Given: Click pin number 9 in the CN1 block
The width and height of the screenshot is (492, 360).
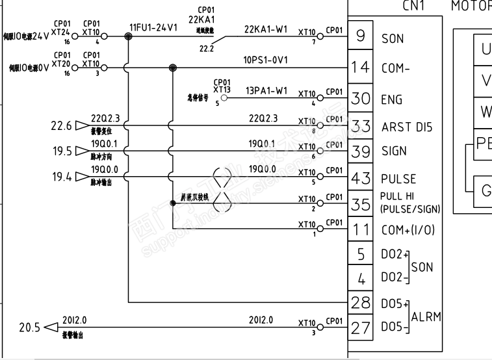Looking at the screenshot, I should point(360,36).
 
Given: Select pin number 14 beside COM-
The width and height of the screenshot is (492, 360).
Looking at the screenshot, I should point(360,67).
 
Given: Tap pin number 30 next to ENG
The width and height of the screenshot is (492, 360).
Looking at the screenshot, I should point(360,99).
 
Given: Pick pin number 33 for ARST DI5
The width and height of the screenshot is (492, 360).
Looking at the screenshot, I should point(360,126).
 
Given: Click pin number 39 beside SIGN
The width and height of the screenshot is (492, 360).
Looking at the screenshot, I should point(360,151).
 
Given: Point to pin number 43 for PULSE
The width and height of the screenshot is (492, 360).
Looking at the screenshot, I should point(360,177).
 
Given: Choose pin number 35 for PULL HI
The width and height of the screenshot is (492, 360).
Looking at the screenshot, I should point(360,203).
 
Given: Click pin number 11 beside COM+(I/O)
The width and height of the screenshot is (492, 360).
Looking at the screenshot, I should point(360,229).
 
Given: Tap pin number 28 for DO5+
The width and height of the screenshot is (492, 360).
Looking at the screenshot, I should point(360,302).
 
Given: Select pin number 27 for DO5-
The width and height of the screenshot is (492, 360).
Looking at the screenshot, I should point(360,328).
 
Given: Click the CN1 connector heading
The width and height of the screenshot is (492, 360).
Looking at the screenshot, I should point(413,6).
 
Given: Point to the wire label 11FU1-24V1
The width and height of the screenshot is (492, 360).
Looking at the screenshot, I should point(153,29).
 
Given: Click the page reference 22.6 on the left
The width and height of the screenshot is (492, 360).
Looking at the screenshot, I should point(61,125).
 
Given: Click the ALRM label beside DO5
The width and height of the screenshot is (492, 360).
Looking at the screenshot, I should point(426,316).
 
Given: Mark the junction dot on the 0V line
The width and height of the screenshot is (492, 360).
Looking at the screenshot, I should point(172,68).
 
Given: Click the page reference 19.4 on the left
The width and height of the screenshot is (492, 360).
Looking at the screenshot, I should point(61,177).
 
